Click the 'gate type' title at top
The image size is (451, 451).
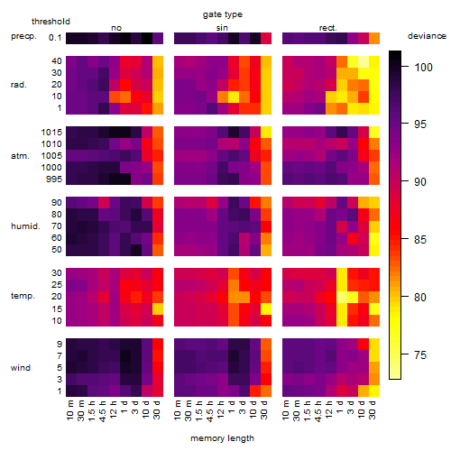click(x=223, y=14)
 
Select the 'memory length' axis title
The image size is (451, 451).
click(x=222, y=438)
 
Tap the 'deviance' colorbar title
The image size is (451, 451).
click(x=427, y=36)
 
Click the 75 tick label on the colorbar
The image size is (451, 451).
click(x=420, y=355)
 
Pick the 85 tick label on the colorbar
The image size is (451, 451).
click(x=420, y=240)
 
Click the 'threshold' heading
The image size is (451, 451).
click(x=51, y=22)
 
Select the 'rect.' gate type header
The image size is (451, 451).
click(x=327, y=28)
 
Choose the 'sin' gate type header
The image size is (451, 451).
click(x=222, y=28)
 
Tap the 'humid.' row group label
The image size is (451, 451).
click(x=25, y=226)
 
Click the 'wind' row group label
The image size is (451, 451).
click(x=21, y=368)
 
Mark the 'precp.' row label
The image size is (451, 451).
click(x=23, y=36)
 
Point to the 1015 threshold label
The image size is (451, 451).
click(x=51, y=133)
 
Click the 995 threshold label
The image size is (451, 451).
click(x=54, y=179)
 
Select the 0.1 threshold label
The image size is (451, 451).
click(x=55, y=38)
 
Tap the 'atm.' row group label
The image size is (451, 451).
click(x=20, y=156)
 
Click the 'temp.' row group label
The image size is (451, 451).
click(x=23, y=296)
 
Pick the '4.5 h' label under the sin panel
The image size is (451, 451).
click(x=210, y=410)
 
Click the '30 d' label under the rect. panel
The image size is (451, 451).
click(x=373, y=410)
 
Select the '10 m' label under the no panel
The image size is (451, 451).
click(x=69, y=410)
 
